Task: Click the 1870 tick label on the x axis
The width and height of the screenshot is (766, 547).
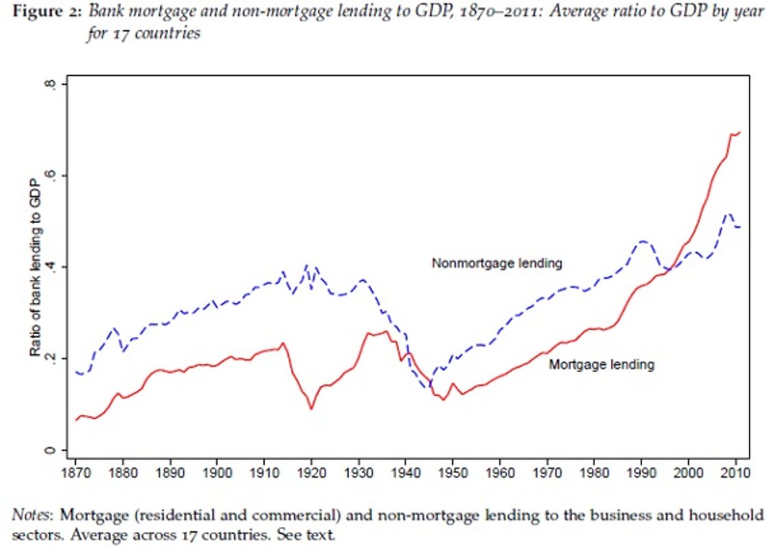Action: point(75,472)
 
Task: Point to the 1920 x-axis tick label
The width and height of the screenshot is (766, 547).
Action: point(311,472)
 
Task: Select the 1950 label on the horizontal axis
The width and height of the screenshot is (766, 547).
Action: point(453,472)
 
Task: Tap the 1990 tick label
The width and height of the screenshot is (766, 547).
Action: point(641,472)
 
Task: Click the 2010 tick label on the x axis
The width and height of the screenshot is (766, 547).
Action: point(735,472)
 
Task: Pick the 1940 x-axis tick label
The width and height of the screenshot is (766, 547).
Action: point(406,472)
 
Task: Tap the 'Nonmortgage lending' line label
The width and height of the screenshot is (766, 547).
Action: point(501,262)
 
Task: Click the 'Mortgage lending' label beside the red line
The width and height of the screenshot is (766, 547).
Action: point(601,365)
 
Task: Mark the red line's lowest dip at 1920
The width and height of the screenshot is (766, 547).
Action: point(311,409)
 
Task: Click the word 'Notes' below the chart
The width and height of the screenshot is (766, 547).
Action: point(27,513)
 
